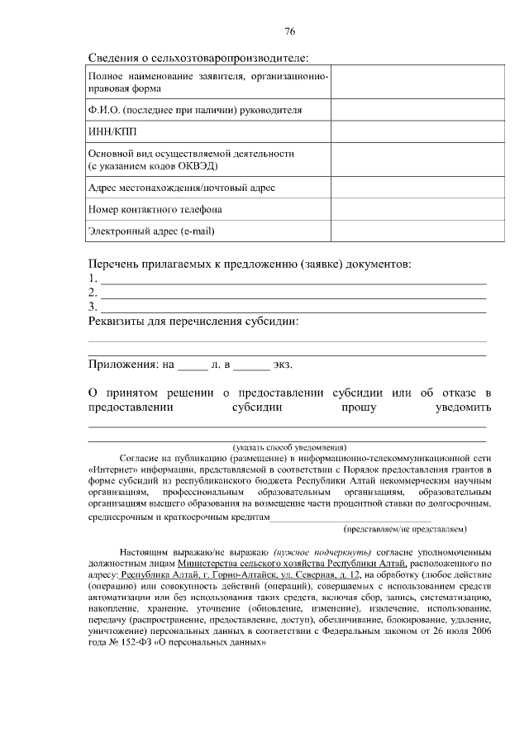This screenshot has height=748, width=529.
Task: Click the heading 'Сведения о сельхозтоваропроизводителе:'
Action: point(198,58)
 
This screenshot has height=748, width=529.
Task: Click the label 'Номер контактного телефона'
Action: point(155,209)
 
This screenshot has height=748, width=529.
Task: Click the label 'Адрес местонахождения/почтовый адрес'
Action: point(181,188)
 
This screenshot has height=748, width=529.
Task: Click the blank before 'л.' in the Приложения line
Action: point(193,364)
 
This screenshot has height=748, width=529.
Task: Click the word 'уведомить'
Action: point(463,407)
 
